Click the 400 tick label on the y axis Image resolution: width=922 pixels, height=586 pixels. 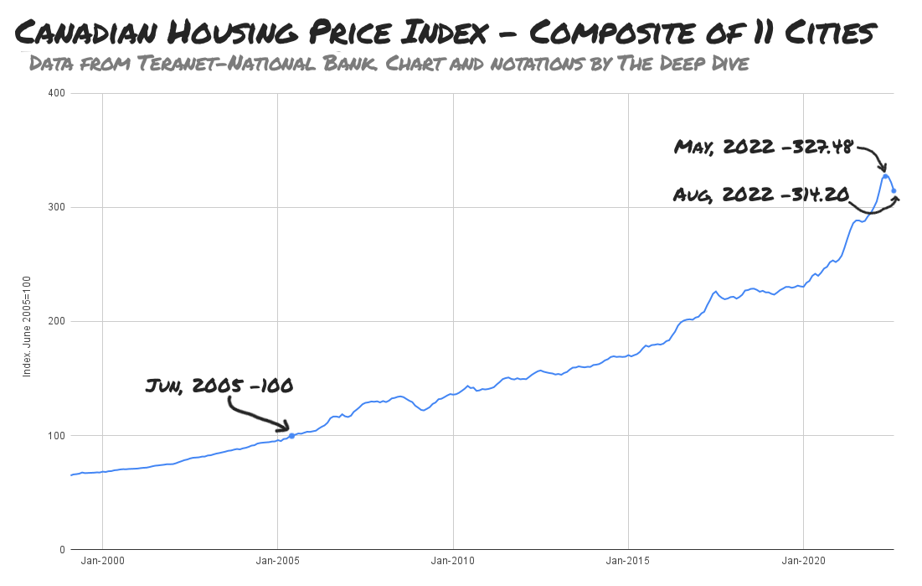point(58,93)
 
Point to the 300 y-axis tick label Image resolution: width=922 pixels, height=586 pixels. point(58,207)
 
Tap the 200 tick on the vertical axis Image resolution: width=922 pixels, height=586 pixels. point(58,321)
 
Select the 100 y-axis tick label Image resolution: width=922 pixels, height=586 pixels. point(58,435)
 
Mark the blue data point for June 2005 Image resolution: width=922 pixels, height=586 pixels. point(291,436)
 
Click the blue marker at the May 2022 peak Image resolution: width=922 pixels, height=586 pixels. point(885,176)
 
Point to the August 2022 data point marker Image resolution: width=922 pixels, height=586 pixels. point(894,191)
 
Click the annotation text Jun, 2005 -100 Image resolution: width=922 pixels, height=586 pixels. point(219,386)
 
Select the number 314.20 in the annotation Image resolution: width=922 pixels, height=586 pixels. point(816,194)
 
